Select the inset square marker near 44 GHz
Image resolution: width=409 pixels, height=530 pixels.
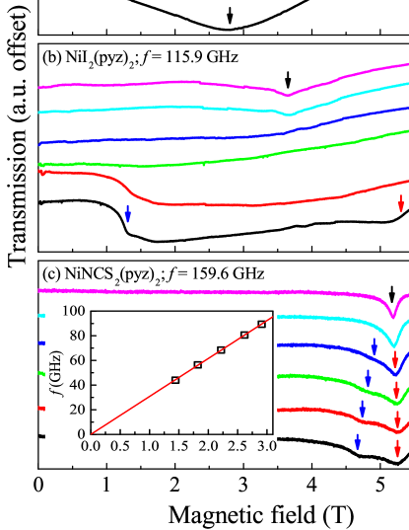pos(175,379)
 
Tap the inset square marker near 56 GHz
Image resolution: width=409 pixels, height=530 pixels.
pos(198,364)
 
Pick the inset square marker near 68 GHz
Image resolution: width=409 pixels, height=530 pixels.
pos(221,349)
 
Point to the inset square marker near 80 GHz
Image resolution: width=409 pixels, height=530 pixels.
pos(244,335)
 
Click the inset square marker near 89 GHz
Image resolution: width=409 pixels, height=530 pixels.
pos(261,324)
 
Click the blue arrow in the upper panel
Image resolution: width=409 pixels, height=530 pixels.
pos(127,213)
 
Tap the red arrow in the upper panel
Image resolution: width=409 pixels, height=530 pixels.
pos(400,203)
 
